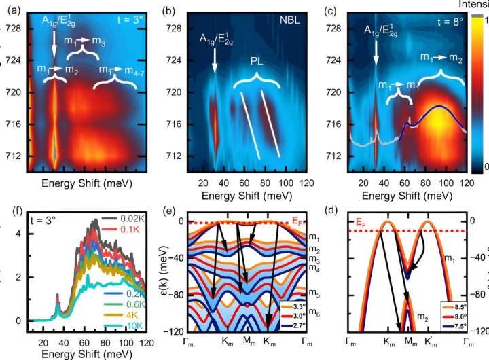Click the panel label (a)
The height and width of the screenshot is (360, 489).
pos(13,10)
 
